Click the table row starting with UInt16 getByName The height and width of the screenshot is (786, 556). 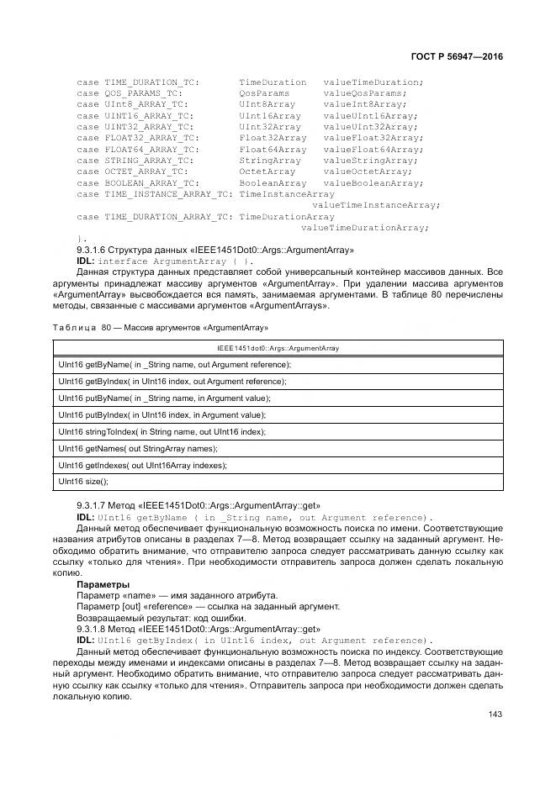click(x=174, y=364)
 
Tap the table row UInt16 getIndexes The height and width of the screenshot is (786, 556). click(x=142, y=465)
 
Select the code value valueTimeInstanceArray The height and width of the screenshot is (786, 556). click(x=376, y=204)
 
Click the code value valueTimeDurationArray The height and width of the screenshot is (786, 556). click(x=365, y=227)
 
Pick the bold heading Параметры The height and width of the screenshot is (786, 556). click(x=103, y=583)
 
